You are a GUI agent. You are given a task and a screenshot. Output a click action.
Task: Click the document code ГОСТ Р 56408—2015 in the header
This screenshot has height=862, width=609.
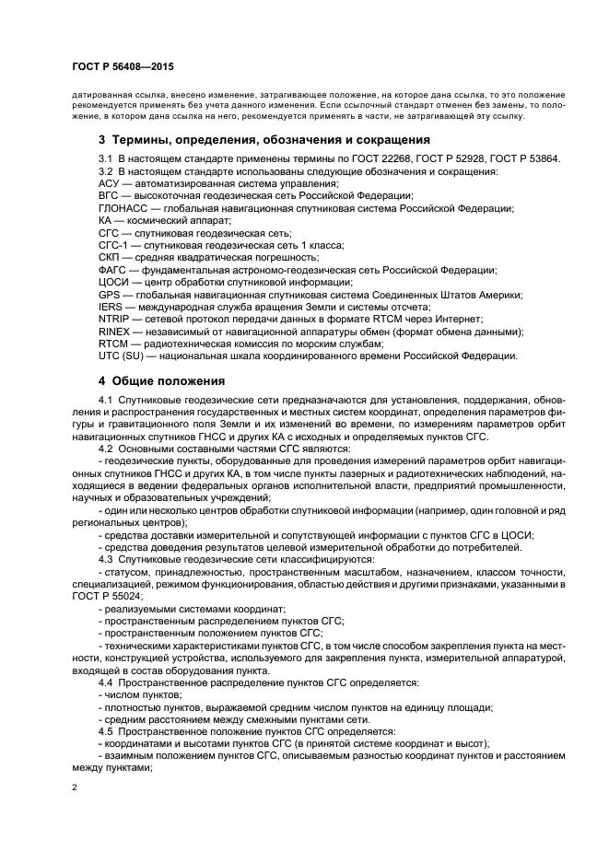(x=122, y=68)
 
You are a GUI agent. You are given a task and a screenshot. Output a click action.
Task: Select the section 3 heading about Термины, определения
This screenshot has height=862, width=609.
(x=264, y=140)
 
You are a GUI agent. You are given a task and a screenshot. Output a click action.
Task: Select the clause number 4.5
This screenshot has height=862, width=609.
(x=105, y=730)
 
